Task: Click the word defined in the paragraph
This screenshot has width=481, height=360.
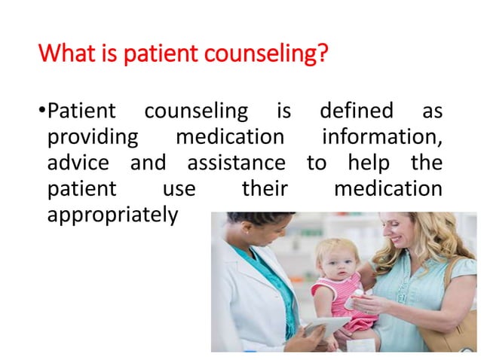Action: [357, 111]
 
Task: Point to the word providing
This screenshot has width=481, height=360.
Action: [92, 138]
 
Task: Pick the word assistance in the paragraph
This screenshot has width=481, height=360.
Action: [236, 163]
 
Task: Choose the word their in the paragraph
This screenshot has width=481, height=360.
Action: [264, 188]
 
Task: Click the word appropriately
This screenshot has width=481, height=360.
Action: [112, 215]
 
